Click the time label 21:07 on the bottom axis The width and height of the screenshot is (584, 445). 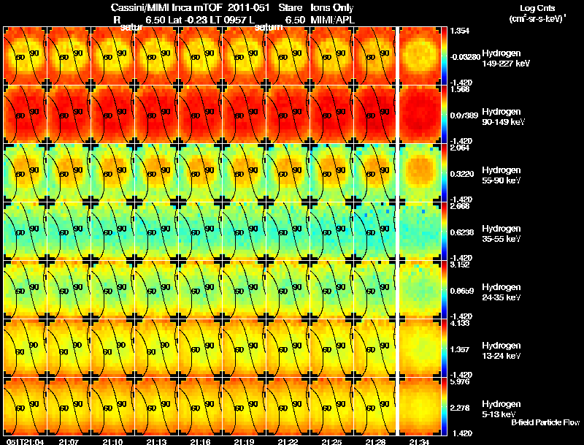tap(69, 441)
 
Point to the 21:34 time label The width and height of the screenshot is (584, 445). tap(419, 441)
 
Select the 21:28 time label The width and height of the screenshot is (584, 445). tap(375, 441)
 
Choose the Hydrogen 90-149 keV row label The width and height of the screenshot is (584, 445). tap(502, 116)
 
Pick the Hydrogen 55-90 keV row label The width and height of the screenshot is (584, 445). tap(502, 175)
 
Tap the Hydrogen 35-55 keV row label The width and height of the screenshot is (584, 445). tap(502, 233)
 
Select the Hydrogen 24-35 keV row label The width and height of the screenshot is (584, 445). tap(502, 292)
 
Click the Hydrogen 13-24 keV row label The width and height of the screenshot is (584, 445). tap(502, 350)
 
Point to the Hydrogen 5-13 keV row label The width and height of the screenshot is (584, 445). tap(500, 408)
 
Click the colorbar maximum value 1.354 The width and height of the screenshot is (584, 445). tap(461, 31)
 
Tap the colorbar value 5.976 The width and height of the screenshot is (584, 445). tap(461, 381)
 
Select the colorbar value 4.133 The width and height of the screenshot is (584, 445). tap(461, 322)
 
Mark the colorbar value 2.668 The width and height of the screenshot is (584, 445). tap(461, 206)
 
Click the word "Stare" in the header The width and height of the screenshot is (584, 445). tap(291, 7)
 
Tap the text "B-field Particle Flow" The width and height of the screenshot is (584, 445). tap(545, 422)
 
